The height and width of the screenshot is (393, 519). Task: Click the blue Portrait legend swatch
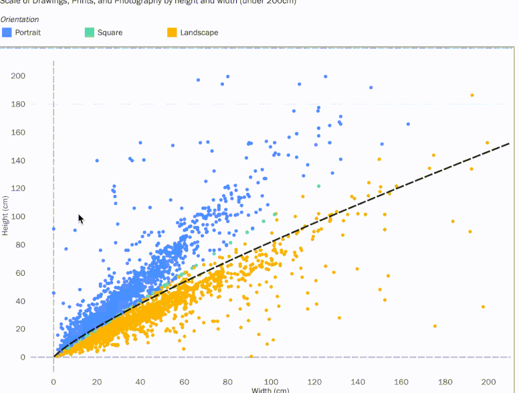(x=7, y=32)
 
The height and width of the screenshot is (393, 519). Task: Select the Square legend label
(x=110, y=32)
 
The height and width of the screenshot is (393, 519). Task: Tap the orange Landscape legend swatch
(x=172, y=32)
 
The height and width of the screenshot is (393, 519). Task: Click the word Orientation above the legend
(x=19, y=19)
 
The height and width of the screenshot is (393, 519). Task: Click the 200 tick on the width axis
(x=488, y=382)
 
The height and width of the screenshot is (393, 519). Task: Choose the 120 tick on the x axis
(x=314, y=382)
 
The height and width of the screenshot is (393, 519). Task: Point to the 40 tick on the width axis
(x=140, y=382)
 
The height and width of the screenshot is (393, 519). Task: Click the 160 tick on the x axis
(x=401, y=382)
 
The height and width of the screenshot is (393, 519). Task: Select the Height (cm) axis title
(x=5, y=215)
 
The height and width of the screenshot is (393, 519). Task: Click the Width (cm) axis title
(x=270, y=390)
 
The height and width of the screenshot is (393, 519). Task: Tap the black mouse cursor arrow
(x=80, y=219)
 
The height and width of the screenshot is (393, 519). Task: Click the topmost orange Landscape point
(x=472, y=95)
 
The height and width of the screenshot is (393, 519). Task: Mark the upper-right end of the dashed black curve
(x=509, y=143)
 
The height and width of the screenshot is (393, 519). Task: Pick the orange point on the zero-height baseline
(x=251, y=356)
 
